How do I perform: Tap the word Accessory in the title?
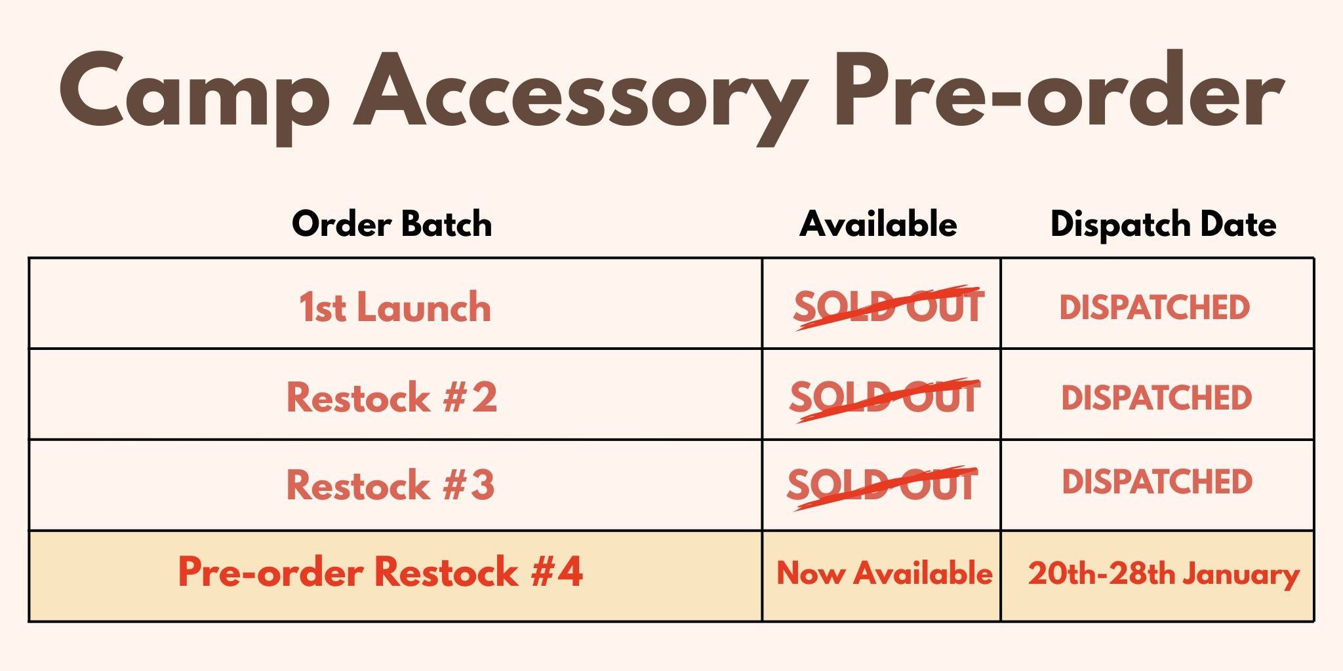click(580, 98)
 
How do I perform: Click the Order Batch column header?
click(392, 224)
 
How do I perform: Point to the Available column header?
click(879, 224)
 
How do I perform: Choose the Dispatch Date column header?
click(1163, 225)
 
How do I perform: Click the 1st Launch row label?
click(395, 307)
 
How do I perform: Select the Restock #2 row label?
click(392, 397)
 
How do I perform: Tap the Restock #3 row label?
click(391, 486)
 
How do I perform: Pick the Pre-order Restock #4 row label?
click(380, 572)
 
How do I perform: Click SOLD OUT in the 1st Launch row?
click(888, 307)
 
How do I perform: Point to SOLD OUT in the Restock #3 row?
click(883, 487)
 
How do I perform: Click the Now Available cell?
click(884, 573)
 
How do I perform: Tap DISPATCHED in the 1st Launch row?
click(1155, 307)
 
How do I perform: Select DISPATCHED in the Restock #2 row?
click(1157, 398)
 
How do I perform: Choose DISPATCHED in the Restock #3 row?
click(1157, 482)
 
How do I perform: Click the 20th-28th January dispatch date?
click(1164, 575)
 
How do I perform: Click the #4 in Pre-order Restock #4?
click(557, 572)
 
